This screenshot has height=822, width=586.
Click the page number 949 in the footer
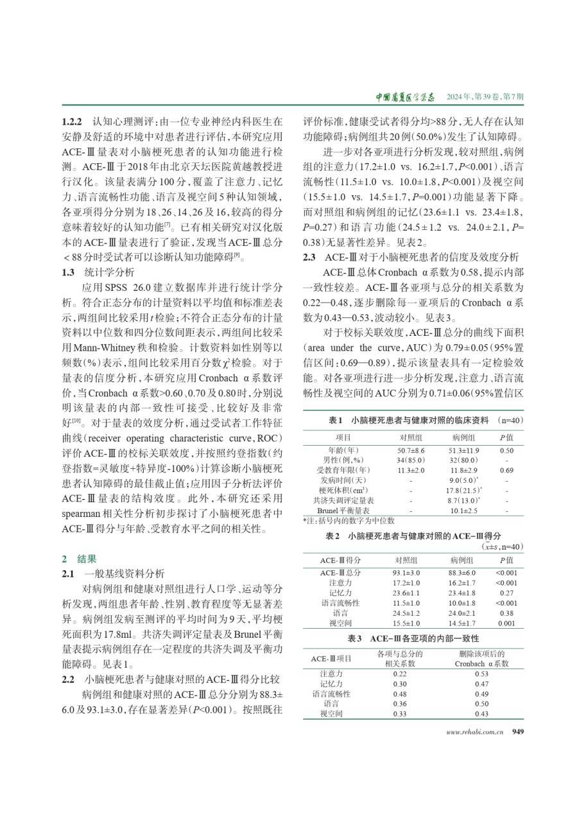pyautogui.click(x=518, y=731)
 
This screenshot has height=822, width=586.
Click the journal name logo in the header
pyautogui.click(x=405, y=97)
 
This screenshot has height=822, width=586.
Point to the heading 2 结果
pyautogui.click(x=78, y=559)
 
